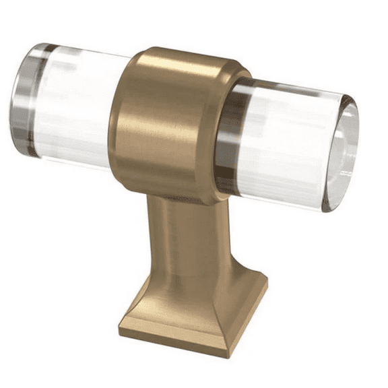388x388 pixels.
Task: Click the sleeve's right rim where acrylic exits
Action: click(225, 135)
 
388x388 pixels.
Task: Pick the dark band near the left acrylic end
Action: click(32, 101)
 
